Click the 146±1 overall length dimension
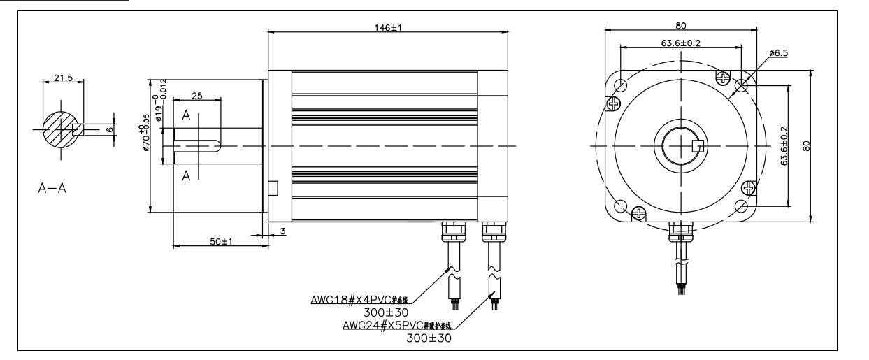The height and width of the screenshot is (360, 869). pyautogui.click(x=388, y=25)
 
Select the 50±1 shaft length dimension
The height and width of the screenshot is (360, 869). pyautogui.click(x=222, y=241)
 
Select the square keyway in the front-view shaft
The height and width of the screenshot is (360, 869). pyautogui.click(x=696, y=147)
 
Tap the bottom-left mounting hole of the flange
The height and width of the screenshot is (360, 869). pyautogui.click(x=620, y=206)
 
